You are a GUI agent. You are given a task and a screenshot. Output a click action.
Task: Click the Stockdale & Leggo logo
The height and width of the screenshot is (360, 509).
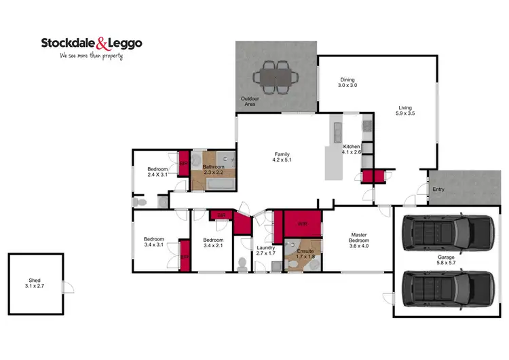(x=91, y=43)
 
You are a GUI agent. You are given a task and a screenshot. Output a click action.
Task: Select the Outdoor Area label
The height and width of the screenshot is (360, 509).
(x=250, y=102)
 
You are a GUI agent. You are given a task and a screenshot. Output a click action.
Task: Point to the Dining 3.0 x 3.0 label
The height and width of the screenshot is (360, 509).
(x=347, y=83)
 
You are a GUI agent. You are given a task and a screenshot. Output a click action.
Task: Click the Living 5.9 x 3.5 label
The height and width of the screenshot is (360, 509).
(x=406, y=110)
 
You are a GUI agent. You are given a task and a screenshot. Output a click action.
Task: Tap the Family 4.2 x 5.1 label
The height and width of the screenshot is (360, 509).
(x=282, y=158)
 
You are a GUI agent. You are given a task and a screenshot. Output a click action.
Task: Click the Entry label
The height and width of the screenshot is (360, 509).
(x=439, y=190)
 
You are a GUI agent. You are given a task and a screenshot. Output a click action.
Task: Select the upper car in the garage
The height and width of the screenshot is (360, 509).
(x=446, y=232)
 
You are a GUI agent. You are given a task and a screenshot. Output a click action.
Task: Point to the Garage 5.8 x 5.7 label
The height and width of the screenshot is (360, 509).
(x=446, y=261)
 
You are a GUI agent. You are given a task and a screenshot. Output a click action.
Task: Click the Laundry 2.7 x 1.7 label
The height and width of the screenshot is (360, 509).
(x=265, y=251)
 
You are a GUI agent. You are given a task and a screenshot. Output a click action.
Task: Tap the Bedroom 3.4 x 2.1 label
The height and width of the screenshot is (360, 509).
(x=213, y=243)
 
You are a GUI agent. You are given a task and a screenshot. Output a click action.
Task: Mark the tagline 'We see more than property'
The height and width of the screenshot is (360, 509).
(x=92, y=56)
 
